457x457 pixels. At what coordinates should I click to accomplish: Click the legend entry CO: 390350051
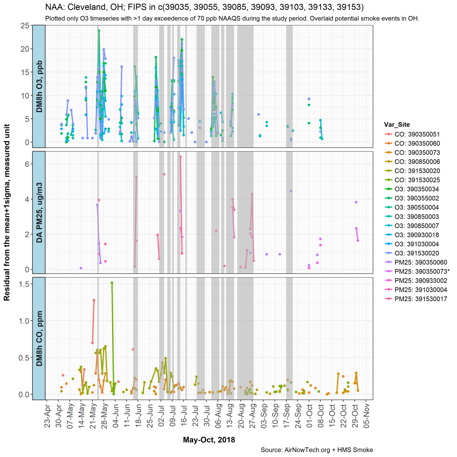coord(417,134)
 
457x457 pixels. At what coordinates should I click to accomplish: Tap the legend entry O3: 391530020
coord(417,253)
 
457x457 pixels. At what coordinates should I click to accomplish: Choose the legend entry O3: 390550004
coord(417,207)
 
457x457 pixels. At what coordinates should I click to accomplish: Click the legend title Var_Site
coord(397,125)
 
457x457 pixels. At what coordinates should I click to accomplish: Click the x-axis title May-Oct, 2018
coord(209,440)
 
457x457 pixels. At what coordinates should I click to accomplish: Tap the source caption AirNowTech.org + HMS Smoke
coord(317,450)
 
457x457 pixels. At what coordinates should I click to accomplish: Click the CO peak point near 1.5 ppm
coord(112,283)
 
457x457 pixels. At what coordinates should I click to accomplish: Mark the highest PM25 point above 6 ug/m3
coord(180,157)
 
